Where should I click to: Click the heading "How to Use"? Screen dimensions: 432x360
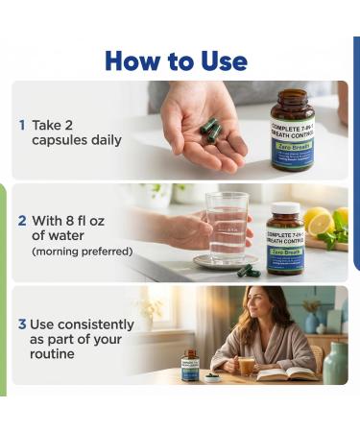[x=176, y=60]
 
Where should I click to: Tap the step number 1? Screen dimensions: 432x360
[x=22, y=125]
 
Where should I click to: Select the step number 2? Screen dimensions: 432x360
[x=22, y=219]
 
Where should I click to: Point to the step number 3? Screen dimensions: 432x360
[x=22, y=324]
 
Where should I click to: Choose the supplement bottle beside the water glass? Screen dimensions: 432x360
[x=284, y=239]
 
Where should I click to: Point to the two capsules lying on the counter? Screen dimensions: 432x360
[x=249, y=271]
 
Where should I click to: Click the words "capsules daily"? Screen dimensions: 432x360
[x=75, y=140]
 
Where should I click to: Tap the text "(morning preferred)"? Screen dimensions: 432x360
[x=82, y=252]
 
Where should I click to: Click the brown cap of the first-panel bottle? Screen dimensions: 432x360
[x=292, y=96]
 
